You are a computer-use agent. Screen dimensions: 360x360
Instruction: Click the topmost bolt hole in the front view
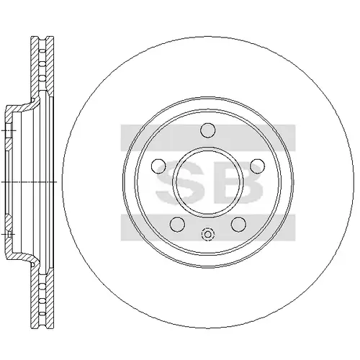click(x=208, y=130)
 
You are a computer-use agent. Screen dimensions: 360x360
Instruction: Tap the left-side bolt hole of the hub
click(x=158, y=166)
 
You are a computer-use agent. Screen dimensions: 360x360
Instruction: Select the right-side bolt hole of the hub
click(x=257, y=166)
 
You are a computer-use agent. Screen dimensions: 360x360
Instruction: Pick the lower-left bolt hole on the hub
click(x=177, y=225)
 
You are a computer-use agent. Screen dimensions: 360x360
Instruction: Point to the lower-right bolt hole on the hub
click(x=239, y=225)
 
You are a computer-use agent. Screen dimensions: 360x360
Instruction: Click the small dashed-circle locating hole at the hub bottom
click(x=208, y=234)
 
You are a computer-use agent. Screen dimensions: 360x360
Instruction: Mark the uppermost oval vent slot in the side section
click(x=42, y=51)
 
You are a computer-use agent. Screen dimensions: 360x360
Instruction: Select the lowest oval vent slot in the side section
click(x=42, y=314)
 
